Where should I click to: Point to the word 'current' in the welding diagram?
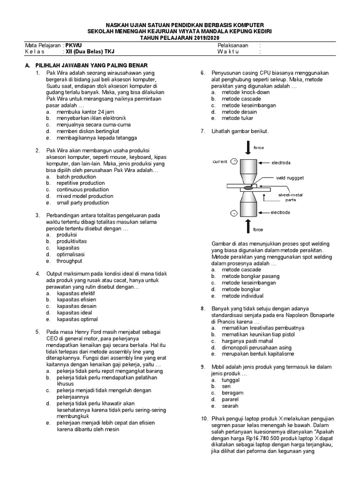click(x=220, y=161)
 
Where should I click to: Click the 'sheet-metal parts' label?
click(x=291, y=196)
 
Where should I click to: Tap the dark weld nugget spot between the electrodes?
click(x=247, y=188)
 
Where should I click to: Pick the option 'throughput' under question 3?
click(x=69, y=261)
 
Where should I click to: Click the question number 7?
click(x=203, y=131)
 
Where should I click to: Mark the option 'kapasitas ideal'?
click(x=74, y=313)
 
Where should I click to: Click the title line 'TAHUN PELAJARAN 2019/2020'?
click(x=180, y=37)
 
